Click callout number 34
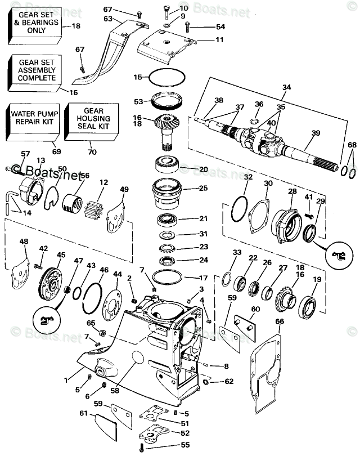[x=287, y=87]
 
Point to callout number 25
[x=203, y=188]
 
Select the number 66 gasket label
[x=279, y=321]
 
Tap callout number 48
[x=23, y=242]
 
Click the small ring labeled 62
[x=206, y=382]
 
